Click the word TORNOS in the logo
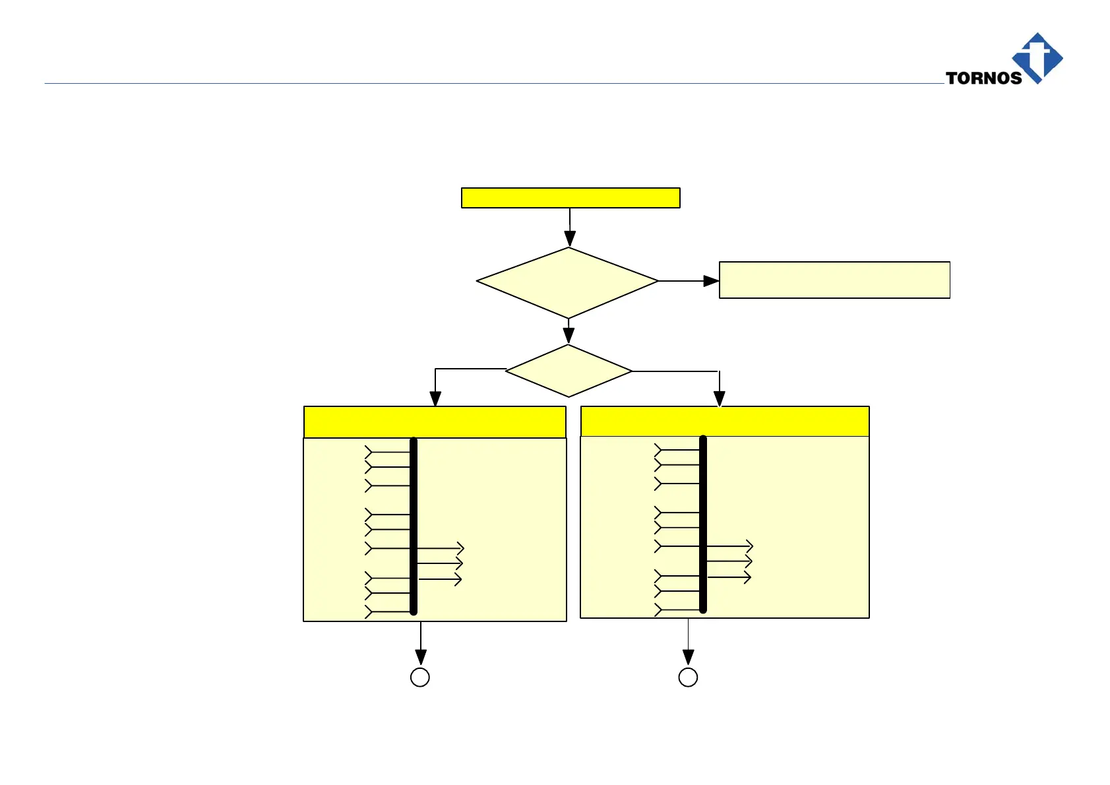[983, 78]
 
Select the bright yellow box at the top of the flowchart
[570, 198]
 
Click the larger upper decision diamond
[567, 282]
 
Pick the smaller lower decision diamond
[569, 371]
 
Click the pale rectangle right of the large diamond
[834, 280]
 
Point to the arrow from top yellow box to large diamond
[570, 228]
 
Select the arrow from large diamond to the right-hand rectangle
[689, 281]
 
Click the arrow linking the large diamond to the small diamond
[569, 331]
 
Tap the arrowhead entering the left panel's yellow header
[435, 398]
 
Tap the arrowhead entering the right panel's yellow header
[720, 398]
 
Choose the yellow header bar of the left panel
[435, 422]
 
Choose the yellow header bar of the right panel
[725, 422]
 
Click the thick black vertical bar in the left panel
[414, 526]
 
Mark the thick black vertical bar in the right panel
[703, 524]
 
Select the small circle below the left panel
[420, 677]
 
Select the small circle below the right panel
[688, 677]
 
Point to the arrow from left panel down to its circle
[421, 644]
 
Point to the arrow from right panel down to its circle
[689, 643]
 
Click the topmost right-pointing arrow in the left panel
[441, 548]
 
